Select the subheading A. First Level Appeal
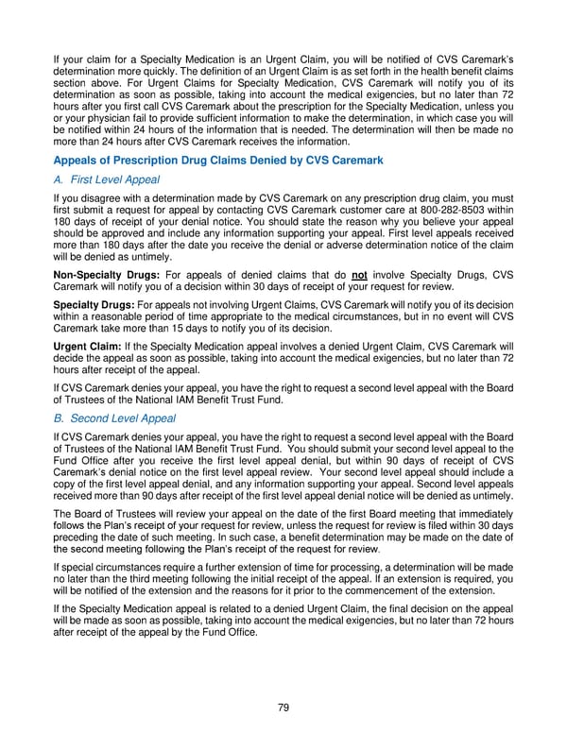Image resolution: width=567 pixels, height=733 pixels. (x=107, y=179)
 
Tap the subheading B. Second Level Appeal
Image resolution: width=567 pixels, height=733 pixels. (x=117, y=418)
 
